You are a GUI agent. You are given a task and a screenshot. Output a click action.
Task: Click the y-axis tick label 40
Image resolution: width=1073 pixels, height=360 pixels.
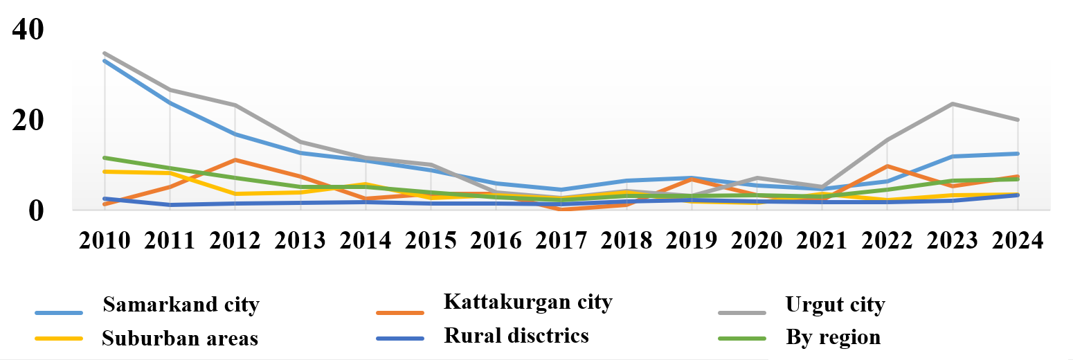click(28, 29)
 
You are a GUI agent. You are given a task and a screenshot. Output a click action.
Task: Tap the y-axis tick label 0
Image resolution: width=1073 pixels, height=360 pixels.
click(36, 211)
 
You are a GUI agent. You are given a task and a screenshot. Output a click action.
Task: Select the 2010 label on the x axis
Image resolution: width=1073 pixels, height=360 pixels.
click(105, 240)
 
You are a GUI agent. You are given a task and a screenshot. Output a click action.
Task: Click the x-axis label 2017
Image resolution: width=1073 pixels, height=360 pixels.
click(561, 240)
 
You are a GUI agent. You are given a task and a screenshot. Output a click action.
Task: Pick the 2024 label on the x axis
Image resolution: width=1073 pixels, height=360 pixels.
click(1018, 240)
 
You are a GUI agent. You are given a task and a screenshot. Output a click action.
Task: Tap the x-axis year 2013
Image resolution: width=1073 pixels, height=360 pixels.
click(300, 240)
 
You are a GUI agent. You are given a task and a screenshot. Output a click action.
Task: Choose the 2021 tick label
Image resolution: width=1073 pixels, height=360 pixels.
click(822, 240)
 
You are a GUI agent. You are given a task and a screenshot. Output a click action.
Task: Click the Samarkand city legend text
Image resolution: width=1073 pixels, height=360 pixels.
click(181, 305)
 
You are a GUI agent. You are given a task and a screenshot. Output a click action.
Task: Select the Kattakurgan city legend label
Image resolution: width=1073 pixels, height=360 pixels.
click(528, 302)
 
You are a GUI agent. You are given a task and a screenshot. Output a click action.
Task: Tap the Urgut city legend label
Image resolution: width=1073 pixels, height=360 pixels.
click(836, 305)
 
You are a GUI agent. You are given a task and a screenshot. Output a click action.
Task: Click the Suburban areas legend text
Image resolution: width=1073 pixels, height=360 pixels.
click(179, 339)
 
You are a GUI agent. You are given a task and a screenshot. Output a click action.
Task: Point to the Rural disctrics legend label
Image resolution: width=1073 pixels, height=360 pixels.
click(516, 336)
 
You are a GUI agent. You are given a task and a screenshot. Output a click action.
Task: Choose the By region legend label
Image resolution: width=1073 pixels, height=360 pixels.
click(833, 337)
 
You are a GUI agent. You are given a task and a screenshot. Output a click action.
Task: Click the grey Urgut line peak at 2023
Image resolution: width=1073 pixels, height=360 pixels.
click(953, 104)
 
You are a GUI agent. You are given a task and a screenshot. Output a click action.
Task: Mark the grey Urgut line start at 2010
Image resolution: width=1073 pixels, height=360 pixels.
click(105, 53)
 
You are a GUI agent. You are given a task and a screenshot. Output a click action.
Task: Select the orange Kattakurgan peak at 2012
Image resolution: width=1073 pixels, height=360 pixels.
click(235, 160)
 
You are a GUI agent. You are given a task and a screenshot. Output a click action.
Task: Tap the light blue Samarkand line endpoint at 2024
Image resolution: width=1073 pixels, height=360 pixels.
click(1018, 154)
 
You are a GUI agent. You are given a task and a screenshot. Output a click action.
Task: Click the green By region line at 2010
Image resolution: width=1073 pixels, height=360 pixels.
click(105, 157)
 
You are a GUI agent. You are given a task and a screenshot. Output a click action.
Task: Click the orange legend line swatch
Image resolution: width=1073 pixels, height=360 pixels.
click(400, 313)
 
